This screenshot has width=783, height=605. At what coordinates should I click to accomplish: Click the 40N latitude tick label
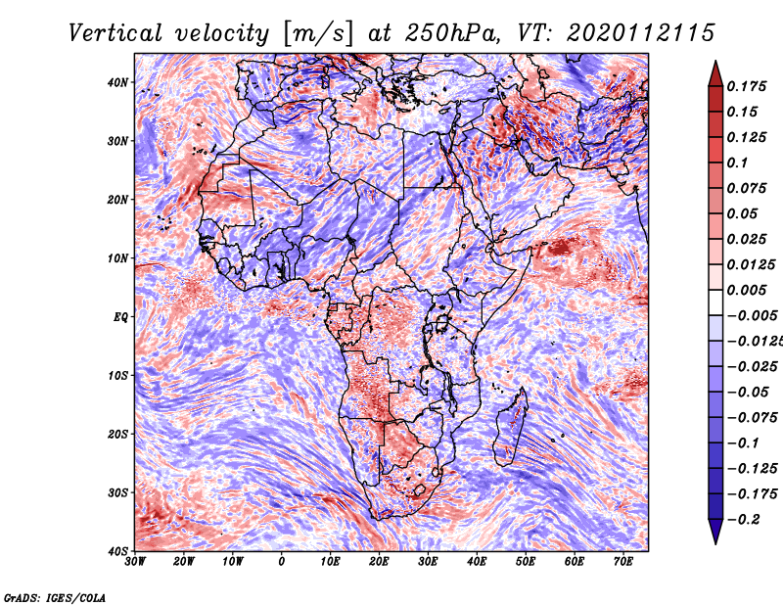tap(117, 82)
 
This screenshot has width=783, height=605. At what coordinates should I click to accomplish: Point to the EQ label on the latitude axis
tap(120, 317)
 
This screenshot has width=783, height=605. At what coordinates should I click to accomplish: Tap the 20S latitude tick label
tap(117, 434)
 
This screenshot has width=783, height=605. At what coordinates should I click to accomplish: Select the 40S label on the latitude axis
tap(117, 551)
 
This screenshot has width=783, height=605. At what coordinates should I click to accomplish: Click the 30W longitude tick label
tap(135, 562)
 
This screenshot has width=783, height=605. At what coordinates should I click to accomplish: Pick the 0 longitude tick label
tap(282, 562)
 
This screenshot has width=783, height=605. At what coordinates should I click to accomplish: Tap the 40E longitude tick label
tap(477, 562)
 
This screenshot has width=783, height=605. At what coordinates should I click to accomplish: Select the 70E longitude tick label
tap(623, 562)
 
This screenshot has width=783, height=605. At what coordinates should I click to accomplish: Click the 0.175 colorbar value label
tap(746, 86)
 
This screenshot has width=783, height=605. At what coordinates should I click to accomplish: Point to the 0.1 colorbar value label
tap(737, 163)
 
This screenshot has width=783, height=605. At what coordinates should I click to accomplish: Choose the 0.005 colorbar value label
tap(746, 290)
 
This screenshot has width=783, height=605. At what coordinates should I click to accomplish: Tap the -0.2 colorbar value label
tap(743, 520)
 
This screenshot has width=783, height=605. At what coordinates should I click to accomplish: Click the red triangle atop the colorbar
tap(715, 74)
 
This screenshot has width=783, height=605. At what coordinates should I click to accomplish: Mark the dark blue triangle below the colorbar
tap(715, 532)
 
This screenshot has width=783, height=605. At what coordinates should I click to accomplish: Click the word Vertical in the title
tap(115, 33)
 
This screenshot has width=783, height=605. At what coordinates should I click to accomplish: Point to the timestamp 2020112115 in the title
tap(641, 33)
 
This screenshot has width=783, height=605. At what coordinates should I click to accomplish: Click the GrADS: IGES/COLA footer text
tap(55, 597)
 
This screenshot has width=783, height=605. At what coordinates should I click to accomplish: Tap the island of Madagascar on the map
tap(510, 427)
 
